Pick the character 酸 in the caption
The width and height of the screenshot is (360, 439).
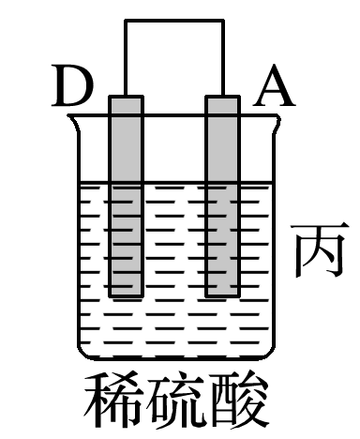click(240, 401)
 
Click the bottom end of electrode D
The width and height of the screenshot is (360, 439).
click(125, 295)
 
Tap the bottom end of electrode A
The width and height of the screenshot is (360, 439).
click(223, 295)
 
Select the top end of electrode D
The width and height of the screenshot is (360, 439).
click(125, 97)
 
